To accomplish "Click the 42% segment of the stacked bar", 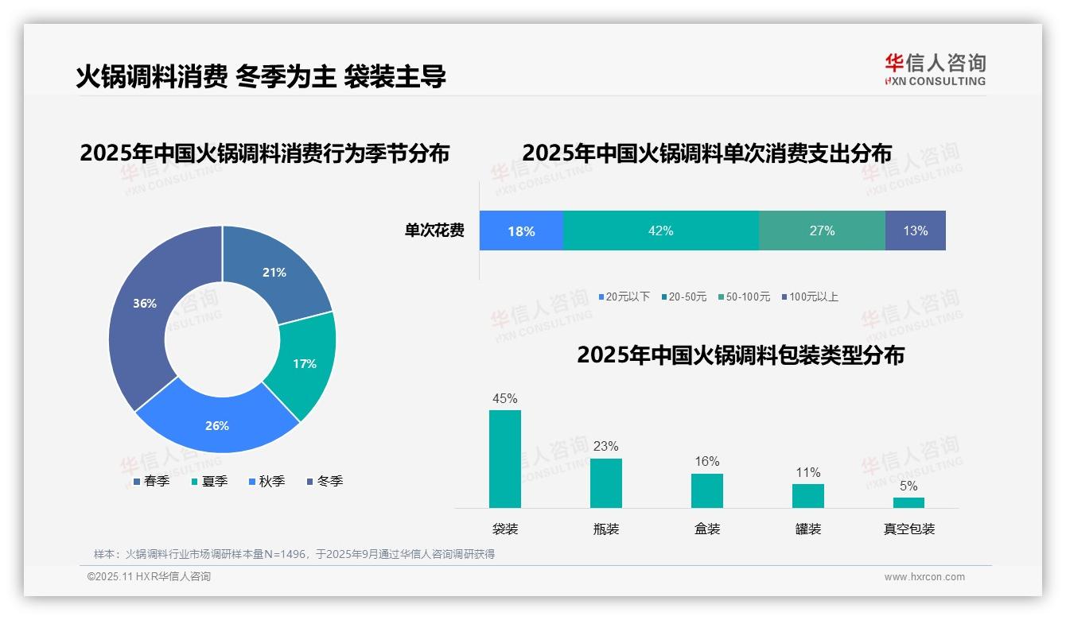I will pyautogui.click(x=660, y=231).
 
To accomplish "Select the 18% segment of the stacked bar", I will pyautogui.click(x=521, y=231).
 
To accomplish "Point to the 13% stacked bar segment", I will pyautogui.click(x=915, y=231).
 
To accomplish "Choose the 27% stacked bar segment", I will pyautogui.click(x=822, y=231).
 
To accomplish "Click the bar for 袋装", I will pyautogui.click(x=505, y=459).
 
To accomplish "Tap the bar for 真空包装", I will pyautogui.click(x=908, y=502).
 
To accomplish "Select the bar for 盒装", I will pyautogui.click(x=707, y=490).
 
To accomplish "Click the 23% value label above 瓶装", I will pyautogui.click(x=605, y=447).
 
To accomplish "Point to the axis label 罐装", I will pyautogui.click(x=808, y=529).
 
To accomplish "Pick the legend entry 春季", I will pyautogui.click(x=151, y=481).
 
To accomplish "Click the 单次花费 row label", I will pyautogui.click(x=434, y=231).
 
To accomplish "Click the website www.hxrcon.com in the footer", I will pyautogui.click(x=924, y=577).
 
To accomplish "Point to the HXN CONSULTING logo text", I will pyautogui.click(x=936, y=81).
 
